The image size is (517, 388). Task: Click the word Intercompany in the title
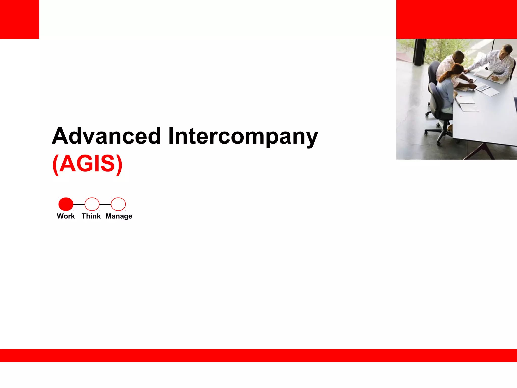[x=243, y=136]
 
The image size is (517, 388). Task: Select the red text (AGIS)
[x=87, y=164]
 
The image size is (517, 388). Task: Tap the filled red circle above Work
[x=66, y=204]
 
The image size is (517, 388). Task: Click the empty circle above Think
[x=92, y=204]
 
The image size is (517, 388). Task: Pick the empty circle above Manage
[x=118, y=204]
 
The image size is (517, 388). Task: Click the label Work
[x=66, y=216]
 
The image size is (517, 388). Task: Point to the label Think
[x=91, y=216]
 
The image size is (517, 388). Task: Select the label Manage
[x=119, y=216]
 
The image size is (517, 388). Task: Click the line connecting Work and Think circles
[x=79, y=204]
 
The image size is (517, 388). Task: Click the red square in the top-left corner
[x=19, y=19]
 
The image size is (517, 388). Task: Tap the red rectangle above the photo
[x=456, y=19]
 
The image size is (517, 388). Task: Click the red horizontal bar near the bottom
[x=258, y=355]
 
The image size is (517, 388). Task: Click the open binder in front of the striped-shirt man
[x=486, y=75]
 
